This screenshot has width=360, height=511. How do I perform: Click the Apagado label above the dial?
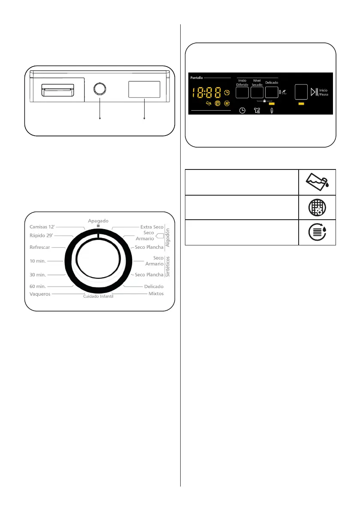click(x=98, y=220)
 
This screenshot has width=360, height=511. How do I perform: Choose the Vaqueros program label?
click(x=40, y=294)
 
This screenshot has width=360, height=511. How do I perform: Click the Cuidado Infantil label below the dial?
click(x=98, y=296)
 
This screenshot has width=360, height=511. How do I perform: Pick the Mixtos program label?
click(x=155, y=294)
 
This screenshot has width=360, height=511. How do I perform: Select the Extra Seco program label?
click(x=152, y=227)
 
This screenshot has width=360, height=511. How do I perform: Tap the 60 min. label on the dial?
click(x=38, y=286)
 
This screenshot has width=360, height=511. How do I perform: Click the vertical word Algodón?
click(x=168, y=237)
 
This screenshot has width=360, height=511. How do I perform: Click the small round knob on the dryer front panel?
click(x=100, y=89)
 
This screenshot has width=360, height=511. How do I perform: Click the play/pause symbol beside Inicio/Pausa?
click(x=315, y=93)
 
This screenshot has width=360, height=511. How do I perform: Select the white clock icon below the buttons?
click(x=242, y=111)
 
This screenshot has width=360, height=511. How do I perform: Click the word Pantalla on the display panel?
click(x=196, y=79)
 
